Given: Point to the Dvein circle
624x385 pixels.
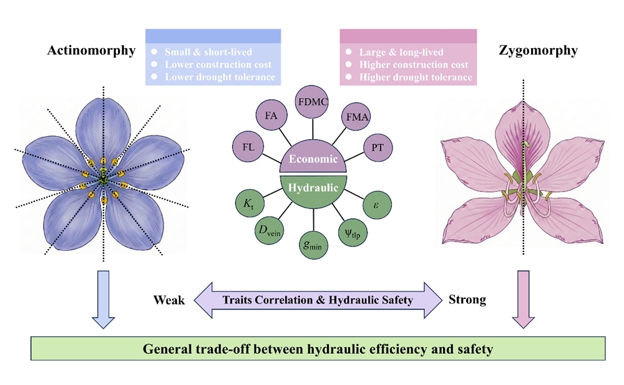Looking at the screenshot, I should [271, 230].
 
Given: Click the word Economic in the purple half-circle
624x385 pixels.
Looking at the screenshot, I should [312, 159].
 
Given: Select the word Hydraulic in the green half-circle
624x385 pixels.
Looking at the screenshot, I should [311, 187].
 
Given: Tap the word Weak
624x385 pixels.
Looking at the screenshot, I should [169, 301].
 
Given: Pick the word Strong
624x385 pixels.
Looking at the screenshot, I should [467, 300].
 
